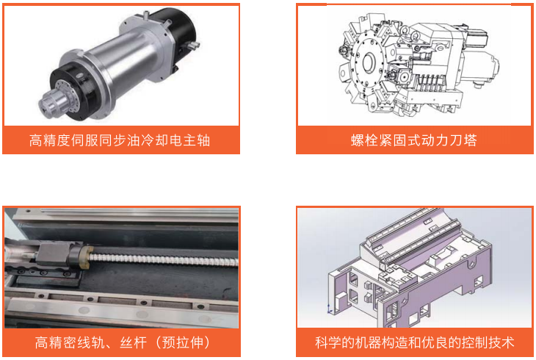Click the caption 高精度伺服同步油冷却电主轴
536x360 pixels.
coord(120,140)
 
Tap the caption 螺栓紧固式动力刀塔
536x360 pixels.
coord(413,140)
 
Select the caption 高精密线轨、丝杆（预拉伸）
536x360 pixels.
coord(123,342)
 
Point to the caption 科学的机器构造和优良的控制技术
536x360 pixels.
coord(414,342)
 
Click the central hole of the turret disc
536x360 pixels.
coord(369,62)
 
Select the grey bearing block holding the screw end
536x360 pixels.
coord(53,255)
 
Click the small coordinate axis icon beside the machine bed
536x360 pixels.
coord(329,309)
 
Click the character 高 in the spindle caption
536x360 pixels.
coord(35,140)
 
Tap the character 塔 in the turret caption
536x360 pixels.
coord(471,140)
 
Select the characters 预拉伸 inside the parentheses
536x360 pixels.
coord(183,342)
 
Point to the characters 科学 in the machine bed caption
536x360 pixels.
coord(327,342)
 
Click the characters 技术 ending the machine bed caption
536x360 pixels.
coord(501,342)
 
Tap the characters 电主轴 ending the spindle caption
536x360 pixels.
coord(189,140)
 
